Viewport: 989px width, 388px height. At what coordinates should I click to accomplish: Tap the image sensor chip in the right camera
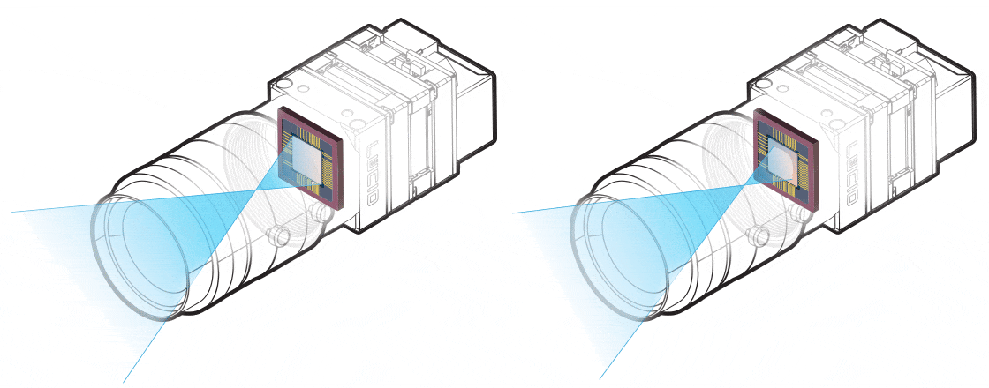click(785, 159)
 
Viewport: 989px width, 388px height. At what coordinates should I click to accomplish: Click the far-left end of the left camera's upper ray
click(12, 213)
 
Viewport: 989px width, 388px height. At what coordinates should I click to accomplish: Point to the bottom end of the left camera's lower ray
click(124, 381)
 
